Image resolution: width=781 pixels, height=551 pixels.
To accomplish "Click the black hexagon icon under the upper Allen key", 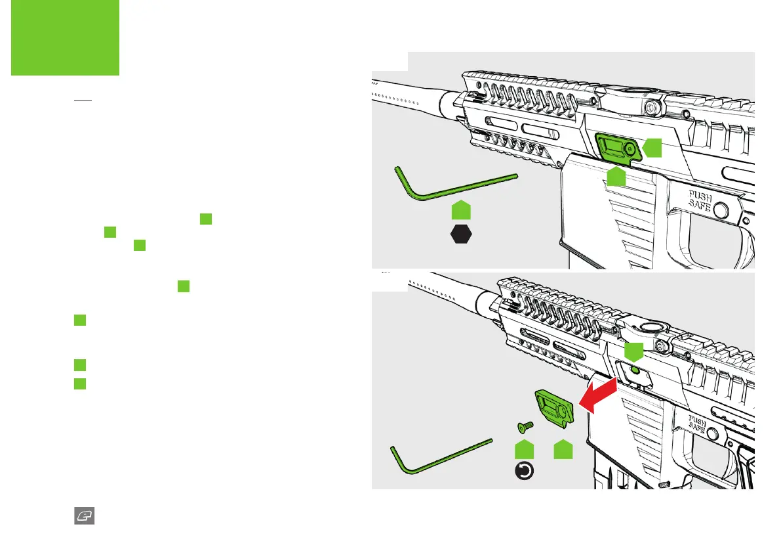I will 461,234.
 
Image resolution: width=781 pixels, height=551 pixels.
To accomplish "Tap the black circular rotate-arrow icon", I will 525,471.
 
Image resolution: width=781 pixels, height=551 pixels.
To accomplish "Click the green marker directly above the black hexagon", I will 461,210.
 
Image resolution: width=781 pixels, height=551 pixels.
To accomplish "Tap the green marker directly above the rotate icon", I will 525,450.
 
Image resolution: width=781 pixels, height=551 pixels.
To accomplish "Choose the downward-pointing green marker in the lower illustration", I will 633,351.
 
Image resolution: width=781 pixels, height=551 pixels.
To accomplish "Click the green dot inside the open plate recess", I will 634,370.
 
